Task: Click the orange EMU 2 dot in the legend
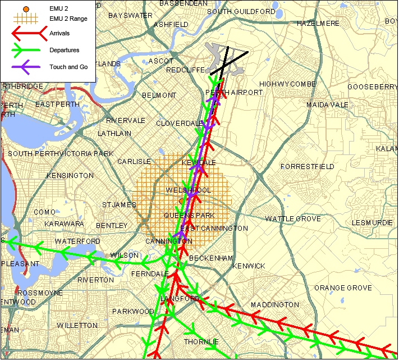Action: click(25, 10)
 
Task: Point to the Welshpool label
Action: click(189, 191)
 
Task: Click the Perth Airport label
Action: click(234, 92)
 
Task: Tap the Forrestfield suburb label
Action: click(307, 167)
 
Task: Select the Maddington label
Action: click(275, 305)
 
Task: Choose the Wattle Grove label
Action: click(293, 219)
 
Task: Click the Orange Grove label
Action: click(342, 288)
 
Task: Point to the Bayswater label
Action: click(130, 15)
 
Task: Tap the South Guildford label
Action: click(241, 11)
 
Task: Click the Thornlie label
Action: click(200, 341)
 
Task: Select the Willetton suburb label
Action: click(77, 326)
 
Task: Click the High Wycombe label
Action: click(287, 84)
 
